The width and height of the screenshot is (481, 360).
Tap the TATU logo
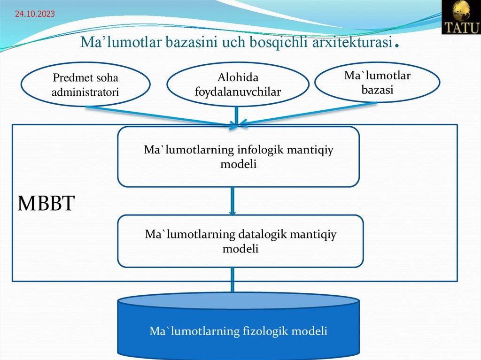click(461, 17)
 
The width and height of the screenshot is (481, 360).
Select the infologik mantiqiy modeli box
click(238, 157)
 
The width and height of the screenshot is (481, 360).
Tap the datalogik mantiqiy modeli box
click(240, 241)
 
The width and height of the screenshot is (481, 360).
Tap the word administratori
click(85, 92)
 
